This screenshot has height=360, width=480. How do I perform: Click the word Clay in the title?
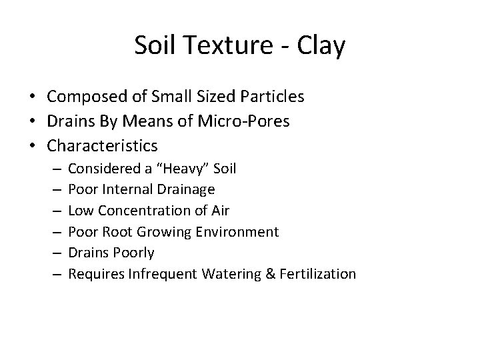click(x=323, y=45)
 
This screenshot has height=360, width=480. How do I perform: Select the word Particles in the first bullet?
click(x=271, y=97)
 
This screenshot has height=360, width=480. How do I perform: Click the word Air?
click(x=220, y=211)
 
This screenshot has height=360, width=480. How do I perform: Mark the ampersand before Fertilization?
click(x=268, y=274)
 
